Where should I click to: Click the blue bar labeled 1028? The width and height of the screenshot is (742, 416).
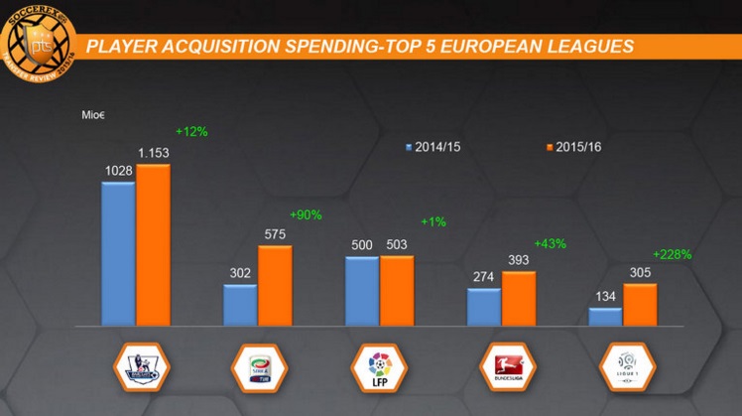click(x=118, y=253)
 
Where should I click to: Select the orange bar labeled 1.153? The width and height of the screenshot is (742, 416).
click(x=153, y=245)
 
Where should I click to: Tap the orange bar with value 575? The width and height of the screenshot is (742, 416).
click(x=275, y=285)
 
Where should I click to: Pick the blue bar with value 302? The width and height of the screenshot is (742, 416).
click(x=240, y=305)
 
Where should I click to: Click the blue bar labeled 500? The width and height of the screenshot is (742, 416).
click(x=362, y=291)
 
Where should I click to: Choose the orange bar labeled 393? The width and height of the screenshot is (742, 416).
click(x=519, y=298)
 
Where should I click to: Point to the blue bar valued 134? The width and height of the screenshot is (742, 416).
click(x=605, y=317)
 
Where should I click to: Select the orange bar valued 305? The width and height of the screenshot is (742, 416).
click(x=640, y=305)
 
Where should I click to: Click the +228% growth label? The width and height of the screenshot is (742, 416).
click(x=672, y=254)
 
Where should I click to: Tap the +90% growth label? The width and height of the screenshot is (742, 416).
click(x=306, y=214)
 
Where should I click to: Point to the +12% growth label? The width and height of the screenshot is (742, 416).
click(x=191, y=131)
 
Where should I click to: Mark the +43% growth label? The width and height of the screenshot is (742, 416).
click(x=550, y=243)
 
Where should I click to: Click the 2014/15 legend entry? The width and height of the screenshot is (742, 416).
click(x=437, y=147)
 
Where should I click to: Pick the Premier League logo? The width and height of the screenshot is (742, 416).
click(x=141, y=368)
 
